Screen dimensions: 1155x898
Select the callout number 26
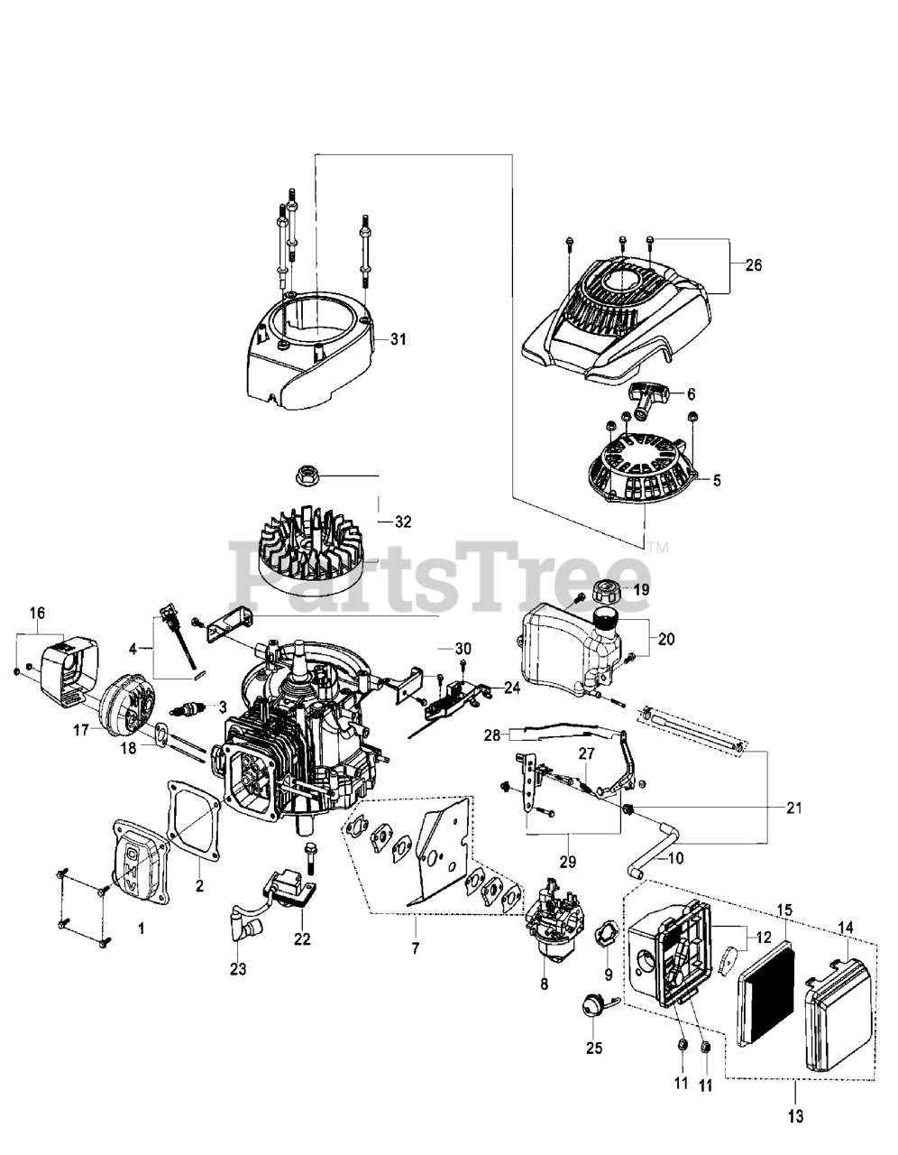[x=754, y=264]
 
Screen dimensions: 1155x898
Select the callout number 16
[x=36, y=613]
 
